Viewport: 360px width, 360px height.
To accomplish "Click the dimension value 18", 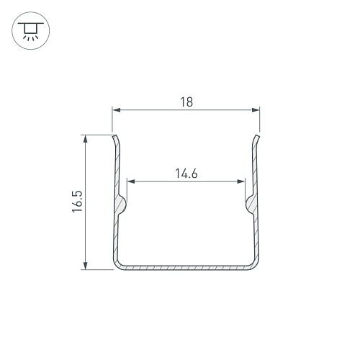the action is click(x=186, y=102).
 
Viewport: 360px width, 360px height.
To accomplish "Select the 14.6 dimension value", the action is click(x=186, y=174).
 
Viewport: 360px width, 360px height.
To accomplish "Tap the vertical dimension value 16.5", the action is click(x=77, y=202).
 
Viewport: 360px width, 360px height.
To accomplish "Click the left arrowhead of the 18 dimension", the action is click(x=117, y=110).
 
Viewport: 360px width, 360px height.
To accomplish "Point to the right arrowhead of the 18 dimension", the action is click(x=256, y=110).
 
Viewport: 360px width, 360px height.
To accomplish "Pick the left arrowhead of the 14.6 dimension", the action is click(x=131, y=181).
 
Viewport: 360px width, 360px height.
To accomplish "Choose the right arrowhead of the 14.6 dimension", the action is click(x=240, y=181).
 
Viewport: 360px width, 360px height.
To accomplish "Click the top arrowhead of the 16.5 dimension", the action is click(x=85, y=139).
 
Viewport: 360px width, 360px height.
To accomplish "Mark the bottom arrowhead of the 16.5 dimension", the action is click(x=85, y=266).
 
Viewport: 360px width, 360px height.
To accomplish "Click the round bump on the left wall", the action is click(x=122, y=204).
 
